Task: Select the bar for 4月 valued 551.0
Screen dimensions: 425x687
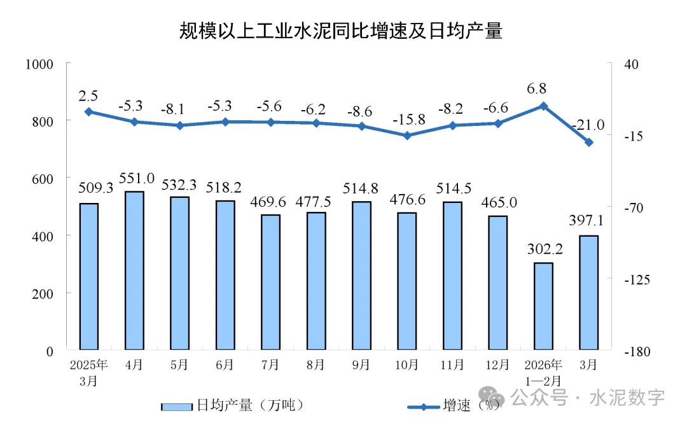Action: click(134, 270)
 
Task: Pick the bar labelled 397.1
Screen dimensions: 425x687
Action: click(589, 293)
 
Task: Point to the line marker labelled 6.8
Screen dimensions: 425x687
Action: click(543, 106)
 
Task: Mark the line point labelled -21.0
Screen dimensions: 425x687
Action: click(589, 143)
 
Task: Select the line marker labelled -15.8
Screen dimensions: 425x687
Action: click(407, 136)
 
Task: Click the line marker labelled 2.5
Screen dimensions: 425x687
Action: click(89, 111)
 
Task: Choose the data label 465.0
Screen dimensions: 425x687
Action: click(499, 203)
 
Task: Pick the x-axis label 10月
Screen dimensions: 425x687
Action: click(407, 365)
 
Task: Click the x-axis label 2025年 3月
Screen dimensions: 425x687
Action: click(89, 373)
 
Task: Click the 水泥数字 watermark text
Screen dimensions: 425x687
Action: click(627, 398)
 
